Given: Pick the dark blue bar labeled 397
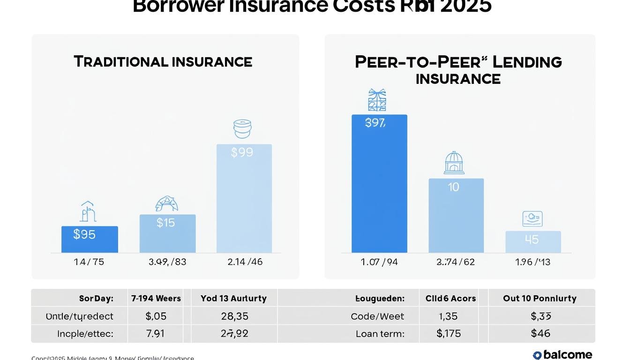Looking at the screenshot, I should pyautogui.click(x=379, y=183).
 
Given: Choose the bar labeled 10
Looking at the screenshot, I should pyautogui.click(x=456, y=216).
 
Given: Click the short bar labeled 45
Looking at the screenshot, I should pyautogui.click(x=533, y=241).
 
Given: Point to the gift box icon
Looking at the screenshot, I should pyautogui.click(x=377, y=100).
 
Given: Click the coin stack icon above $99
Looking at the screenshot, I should pyautogui.click(x=242, y=129).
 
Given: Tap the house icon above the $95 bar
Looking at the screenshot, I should pyautogui.click(x=88, y=212).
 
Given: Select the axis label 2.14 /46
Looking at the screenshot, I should pyautogui.click(x=245, y=262).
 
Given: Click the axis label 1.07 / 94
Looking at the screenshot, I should pyautogui.click(x=379, y=262).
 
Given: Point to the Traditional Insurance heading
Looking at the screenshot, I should pyautogui.click(x=163, y=62).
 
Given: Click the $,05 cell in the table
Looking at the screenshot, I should pyautogui.click(x=156, y=316).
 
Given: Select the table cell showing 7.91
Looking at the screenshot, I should pyautogui.click(x=156, y=334).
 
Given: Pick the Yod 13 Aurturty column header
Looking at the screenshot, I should pyautogui.click(x=233, y=298).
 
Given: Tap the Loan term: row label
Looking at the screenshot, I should pyautogui.click(x=380, y=334).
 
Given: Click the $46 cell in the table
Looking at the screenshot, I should pyautogui.click(x=540, y=334).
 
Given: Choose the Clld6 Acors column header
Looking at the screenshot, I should pyautogui.click(x=450, y=298).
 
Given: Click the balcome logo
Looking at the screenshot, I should pyautogui.click(x=562, y=355).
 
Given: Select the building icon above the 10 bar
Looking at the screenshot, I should pyautogui.click(x=454, y=163).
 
